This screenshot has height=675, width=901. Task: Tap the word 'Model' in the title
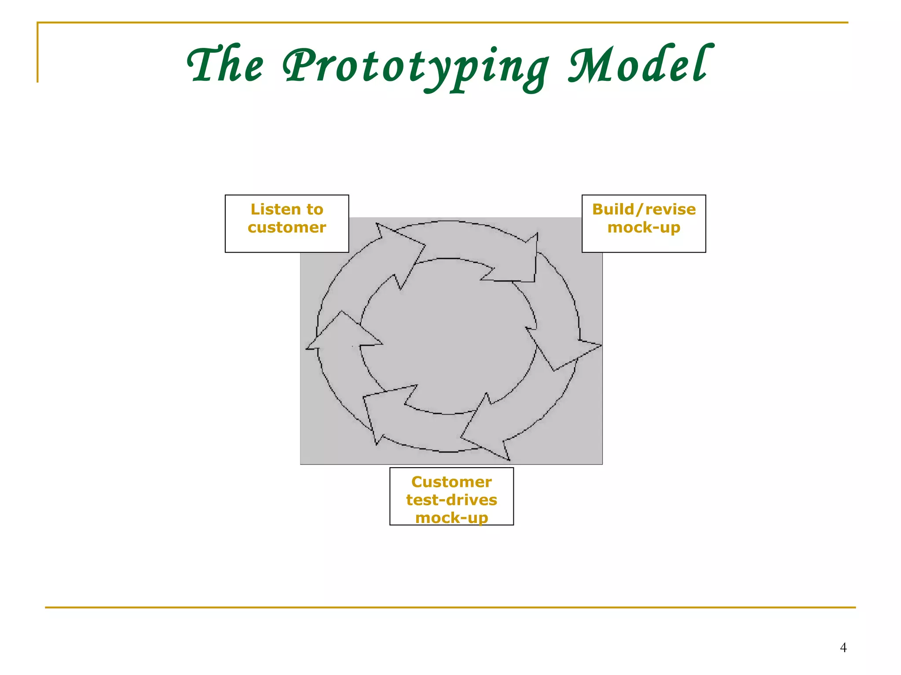click(x=640, y=65)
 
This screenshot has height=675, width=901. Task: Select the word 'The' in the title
click(x=225, y=65)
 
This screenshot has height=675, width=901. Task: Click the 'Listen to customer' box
click(x=287, y=224)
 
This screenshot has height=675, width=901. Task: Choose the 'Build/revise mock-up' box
click(x=644, y=224)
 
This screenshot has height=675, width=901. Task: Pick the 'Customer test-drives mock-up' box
click(x=451, y=496)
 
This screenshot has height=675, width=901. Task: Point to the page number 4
click(x=843, y=647)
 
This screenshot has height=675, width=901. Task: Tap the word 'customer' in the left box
click(x=287, y=228)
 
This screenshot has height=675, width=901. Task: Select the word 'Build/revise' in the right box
click(x=644, y=210)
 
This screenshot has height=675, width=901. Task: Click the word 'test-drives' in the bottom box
click(x=451, y=500)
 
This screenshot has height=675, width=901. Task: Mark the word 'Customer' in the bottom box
click(x=451, y=482)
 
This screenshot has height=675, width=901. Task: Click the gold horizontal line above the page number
click(x=450, y=608)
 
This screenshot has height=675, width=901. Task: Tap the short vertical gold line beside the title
click(x=37, y=53)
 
